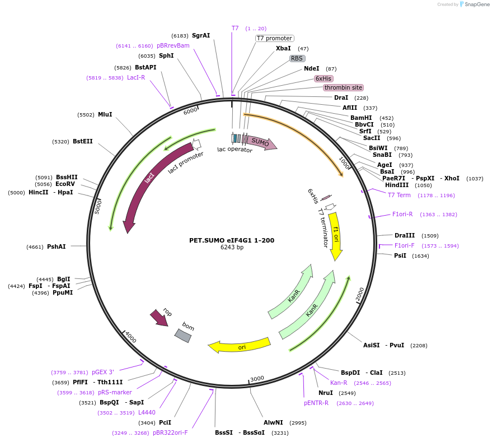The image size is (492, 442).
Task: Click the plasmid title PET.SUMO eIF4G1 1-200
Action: (232, 240)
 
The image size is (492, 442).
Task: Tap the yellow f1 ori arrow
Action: (335, 235)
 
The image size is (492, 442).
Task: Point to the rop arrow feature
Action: (160, 318)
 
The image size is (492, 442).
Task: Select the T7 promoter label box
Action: (274, 38)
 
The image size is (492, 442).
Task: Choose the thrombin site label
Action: (343, 87)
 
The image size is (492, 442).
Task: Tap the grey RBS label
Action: (297, 58)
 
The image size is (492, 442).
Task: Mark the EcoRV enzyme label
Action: (65, 184)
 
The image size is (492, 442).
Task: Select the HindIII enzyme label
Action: (397, 185)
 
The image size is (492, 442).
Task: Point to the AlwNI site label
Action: (273, 422)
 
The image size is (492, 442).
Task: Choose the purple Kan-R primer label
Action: (339, 383)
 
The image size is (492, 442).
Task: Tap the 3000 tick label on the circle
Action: (257, 379)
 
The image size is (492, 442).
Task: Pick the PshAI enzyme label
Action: (57, 246)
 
